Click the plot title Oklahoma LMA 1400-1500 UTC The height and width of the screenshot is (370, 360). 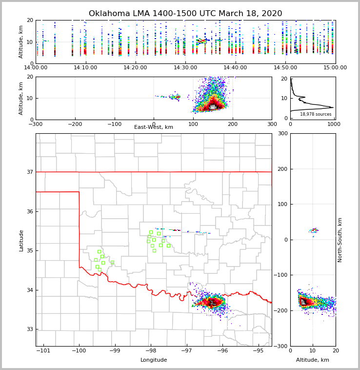point(185,14)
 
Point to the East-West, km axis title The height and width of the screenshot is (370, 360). point(154,127)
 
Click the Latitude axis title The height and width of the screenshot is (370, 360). point(21,240)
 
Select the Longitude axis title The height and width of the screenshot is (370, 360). point(154,360)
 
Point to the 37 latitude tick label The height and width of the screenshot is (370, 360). point(30,172)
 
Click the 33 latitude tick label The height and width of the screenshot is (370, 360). point(30,329)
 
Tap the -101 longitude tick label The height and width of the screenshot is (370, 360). point(44,350)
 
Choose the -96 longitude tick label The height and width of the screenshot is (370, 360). point(222,350)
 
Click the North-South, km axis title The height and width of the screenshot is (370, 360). point(340,240)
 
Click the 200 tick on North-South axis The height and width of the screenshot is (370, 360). point(282,169)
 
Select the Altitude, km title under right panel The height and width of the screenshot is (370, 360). point(313,360)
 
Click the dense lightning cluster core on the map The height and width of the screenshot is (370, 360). point(213,303)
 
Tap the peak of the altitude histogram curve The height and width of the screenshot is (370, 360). point(332,107)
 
